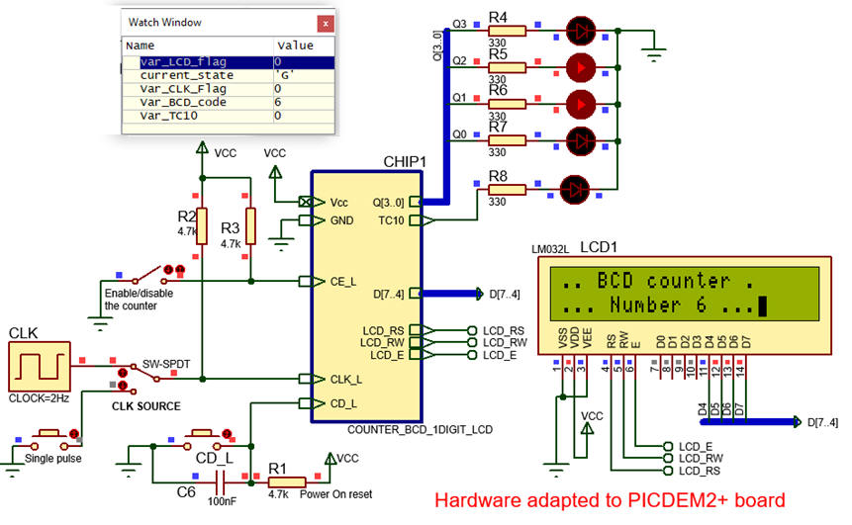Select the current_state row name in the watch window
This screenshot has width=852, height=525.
pos(186,75)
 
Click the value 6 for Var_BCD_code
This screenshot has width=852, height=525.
pos(278,102)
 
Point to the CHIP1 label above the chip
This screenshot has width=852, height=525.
pos(404,161)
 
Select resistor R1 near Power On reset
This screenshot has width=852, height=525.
pos(290,481)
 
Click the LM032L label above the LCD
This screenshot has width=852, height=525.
pos(551,251)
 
